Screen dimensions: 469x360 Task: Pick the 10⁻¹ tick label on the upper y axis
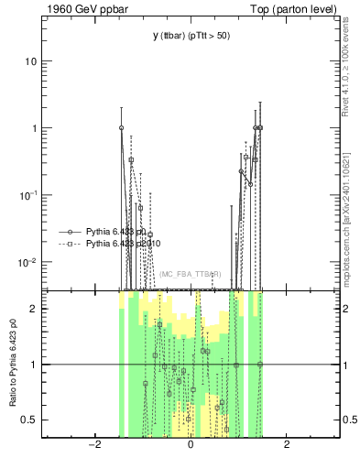pyautogui.click(x=28, y=195)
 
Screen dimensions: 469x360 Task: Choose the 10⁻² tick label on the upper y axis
pyautogui.click(x=28, y=262)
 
